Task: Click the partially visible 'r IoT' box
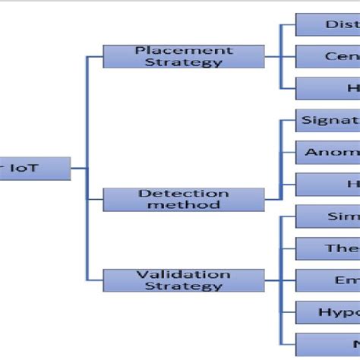[34, 168]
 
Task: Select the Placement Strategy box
[184, 56]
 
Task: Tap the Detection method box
[183, 199]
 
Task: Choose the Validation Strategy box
[183, 279]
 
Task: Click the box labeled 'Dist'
[327, 24]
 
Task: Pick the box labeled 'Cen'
[327, 56]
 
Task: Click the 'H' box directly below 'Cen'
[327, 88]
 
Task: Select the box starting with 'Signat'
[327, 120]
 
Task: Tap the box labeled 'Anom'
[327, 152]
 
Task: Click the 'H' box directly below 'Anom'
[327, 184]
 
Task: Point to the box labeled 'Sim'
[327, 216]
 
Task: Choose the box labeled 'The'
[327, 248]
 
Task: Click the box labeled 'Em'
[327, 279]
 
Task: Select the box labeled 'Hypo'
[327, 311]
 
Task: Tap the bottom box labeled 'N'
[327, 343]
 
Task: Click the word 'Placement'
[184, 50]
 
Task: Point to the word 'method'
[183, 205]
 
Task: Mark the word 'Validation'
[183, 273]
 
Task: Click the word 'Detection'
[183, 194]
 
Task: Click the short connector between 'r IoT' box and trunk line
[79, 168]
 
